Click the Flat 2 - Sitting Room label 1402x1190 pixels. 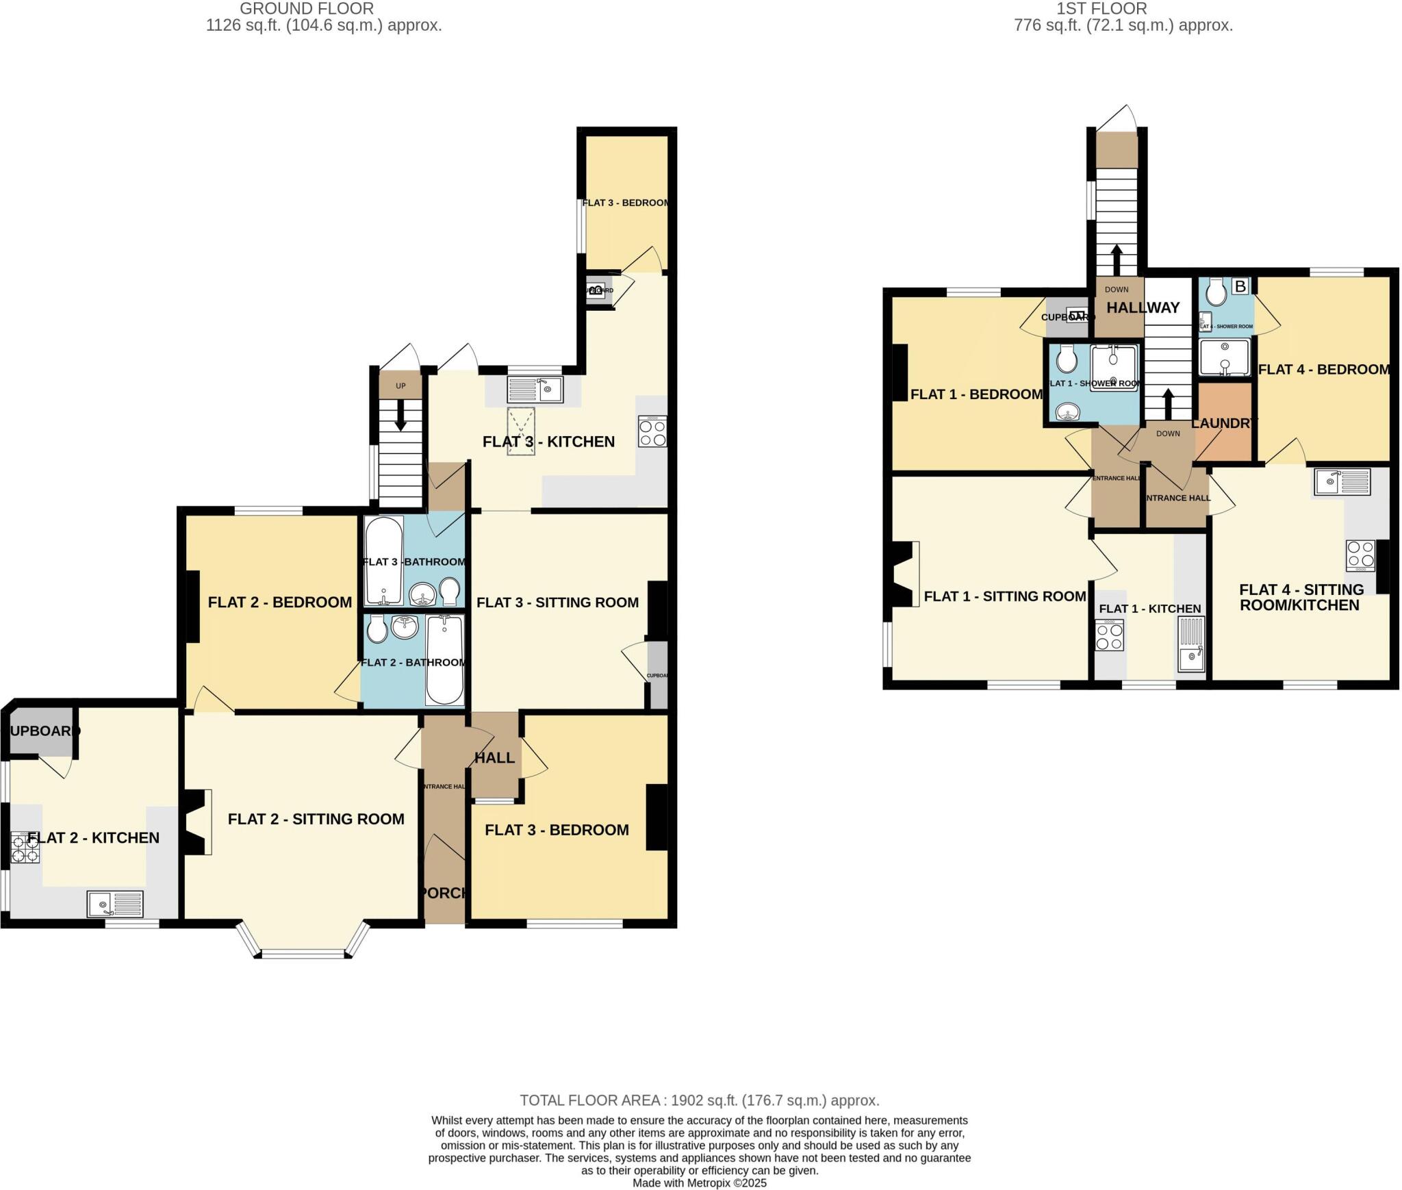[x=316, y=819]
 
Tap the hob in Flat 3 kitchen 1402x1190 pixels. [x=652, y=431]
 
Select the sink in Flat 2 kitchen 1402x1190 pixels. [x=115, y=904]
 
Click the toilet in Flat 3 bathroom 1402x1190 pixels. [x=450, y=592]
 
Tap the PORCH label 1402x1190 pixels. [x=444, y=893]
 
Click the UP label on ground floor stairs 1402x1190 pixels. [x=400, y=386]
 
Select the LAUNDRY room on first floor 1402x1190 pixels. [x=1224, y=422]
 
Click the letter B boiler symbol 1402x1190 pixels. [x=1240, y=286]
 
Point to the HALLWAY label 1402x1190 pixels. [x=1143, y=307]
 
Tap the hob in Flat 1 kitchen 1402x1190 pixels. [x=1109, y=635]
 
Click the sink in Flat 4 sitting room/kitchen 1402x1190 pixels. [x=1342, y=481]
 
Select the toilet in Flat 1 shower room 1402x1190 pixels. [x=1066, y=357]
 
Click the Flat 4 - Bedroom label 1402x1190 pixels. [x=1323, y=369]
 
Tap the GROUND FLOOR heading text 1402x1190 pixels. [x=306, y=9]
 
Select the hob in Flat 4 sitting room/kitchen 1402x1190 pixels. [x=1360, y=555]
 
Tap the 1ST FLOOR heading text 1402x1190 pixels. [x=1101, y=9]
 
